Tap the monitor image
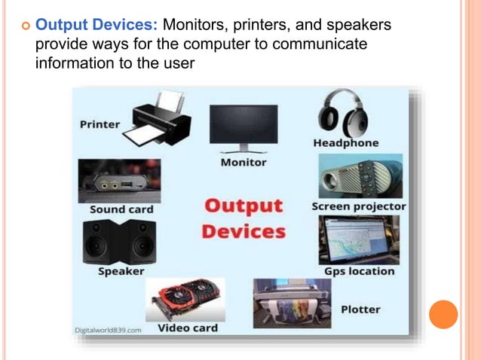pos(244,128)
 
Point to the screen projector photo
pos(359,176)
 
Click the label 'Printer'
pos(100,124)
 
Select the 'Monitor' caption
pos(244,162)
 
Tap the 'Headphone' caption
pos(346,143)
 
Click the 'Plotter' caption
pos(360,309)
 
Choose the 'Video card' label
pos(187,328)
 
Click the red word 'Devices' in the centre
pos(244,230)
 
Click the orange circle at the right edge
pos(443,314)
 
